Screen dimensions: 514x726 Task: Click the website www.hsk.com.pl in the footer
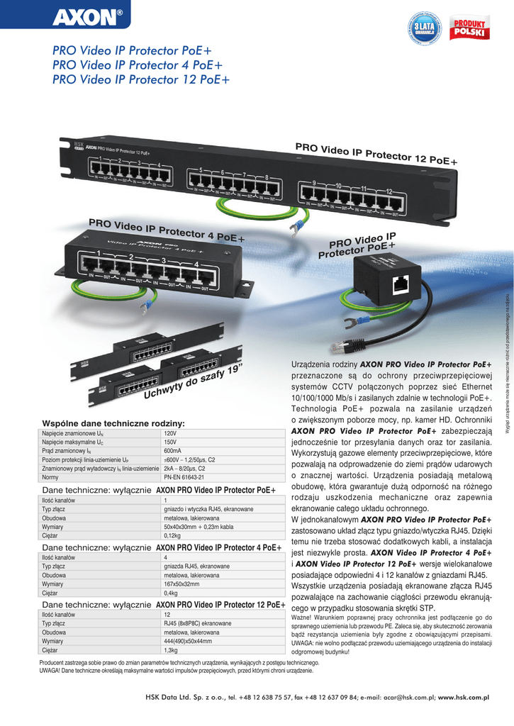[x=464, y=698]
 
